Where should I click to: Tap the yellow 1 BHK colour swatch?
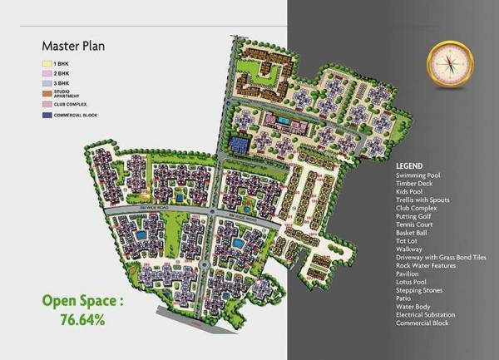point(47,62)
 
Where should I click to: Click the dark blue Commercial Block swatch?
point(47,115)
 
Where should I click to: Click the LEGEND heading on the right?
point(409,165)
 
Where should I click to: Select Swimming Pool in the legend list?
point(422,176)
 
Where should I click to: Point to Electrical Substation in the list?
point(426,315)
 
